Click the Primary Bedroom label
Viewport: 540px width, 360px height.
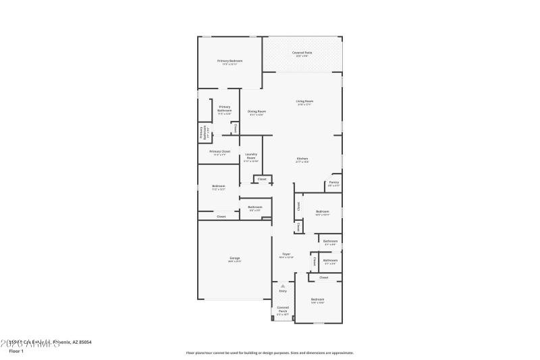pos(230,61)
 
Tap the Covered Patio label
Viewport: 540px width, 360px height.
pos(302,52)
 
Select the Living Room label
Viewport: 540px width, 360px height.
pos(304,101)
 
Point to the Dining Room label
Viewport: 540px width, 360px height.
pos(256,111)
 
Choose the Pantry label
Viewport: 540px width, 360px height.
pos(333,182)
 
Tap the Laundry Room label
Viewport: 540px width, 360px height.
pos(250,156)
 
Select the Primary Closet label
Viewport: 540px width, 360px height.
pos(219,151)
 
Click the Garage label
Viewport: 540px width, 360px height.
pos(235,258)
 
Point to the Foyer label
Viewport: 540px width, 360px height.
pos(286,254)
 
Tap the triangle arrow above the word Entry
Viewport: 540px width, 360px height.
pos(283,286)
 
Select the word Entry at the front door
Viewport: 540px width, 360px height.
pos(283,291)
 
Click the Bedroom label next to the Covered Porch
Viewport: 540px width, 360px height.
pos(317,299)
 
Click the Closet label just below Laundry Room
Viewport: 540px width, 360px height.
pos(262,179)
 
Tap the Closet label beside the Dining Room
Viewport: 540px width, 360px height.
pos(234,127)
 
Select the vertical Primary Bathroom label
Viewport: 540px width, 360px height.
pos(201,133)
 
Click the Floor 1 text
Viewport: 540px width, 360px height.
pos(16,351)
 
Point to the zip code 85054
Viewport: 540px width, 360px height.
pos(82,342)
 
